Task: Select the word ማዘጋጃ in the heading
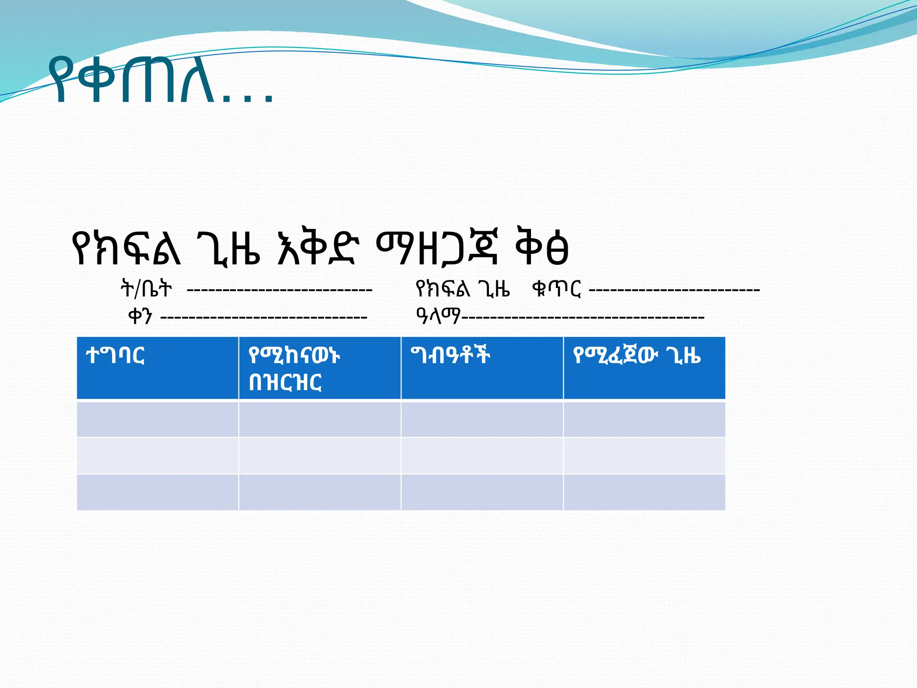[436, 249]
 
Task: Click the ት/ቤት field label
[146, 288]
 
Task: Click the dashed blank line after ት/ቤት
[279, 290]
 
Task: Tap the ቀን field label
[140, 316]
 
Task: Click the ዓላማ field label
[438, 316]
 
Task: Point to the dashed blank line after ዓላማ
[582, 318]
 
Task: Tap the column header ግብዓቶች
[450, 355]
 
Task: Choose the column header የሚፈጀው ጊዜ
[636, 356]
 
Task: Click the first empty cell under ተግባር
[157, 419]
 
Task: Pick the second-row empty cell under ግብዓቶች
[482, 456]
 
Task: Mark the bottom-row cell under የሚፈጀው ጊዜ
[644, 492]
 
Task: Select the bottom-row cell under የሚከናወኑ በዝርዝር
[320, 492]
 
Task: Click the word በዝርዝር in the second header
[285, 383]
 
